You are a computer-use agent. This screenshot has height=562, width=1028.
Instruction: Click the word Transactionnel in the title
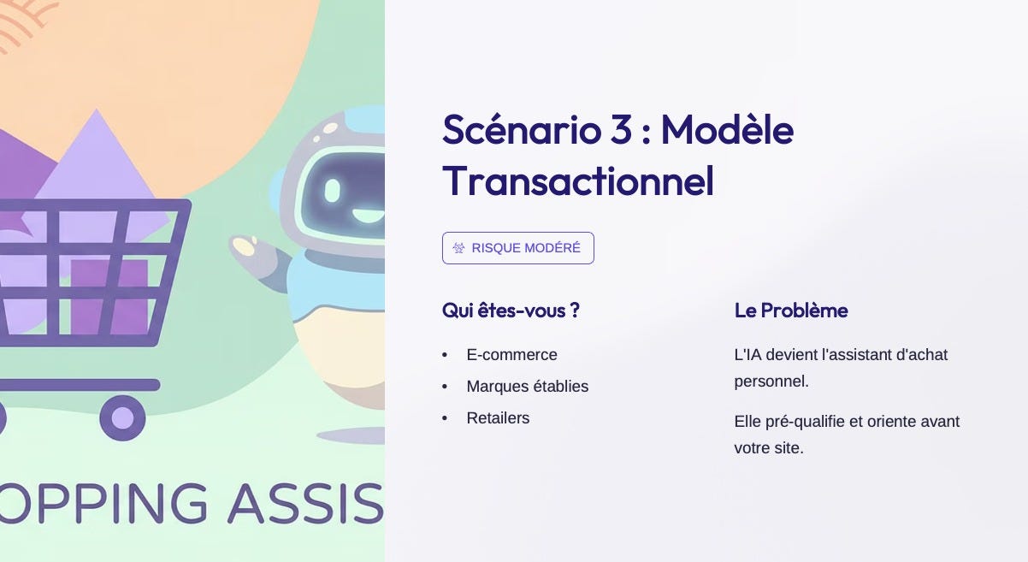(x=578, y=181)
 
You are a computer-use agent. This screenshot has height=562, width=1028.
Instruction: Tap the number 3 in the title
(x=621, y=130)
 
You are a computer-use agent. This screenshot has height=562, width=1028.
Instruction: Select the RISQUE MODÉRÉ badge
(x=518, y=248)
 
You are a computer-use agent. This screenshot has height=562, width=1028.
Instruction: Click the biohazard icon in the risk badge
(x=458, y=248)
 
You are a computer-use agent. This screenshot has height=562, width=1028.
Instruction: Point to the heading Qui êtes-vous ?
(x=511, y=311)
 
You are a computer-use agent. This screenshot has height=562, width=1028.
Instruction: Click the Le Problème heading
(x=791, y=311)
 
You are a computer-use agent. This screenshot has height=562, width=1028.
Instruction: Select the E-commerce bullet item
(x=511, y=354)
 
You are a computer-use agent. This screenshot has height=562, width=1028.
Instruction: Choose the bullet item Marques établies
(x=528, y=386)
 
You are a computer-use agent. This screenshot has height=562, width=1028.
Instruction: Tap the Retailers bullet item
(x=498, y=417)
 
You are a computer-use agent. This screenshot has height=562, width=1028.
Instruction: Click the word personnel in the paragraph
(x=771, y=382)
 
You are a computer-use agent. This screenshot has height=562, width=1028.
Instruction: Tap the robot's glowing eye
(x=333, y=190)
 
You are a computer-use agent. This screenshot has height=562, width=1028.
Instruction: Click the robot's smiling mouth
(x=367, y=216)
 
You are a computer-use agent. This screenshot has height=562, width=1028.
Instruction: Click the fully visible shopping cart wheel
(x=122, y=417)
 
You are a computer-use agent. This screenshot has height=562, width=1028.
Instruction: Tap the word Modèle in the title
(x=728, y=130)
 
